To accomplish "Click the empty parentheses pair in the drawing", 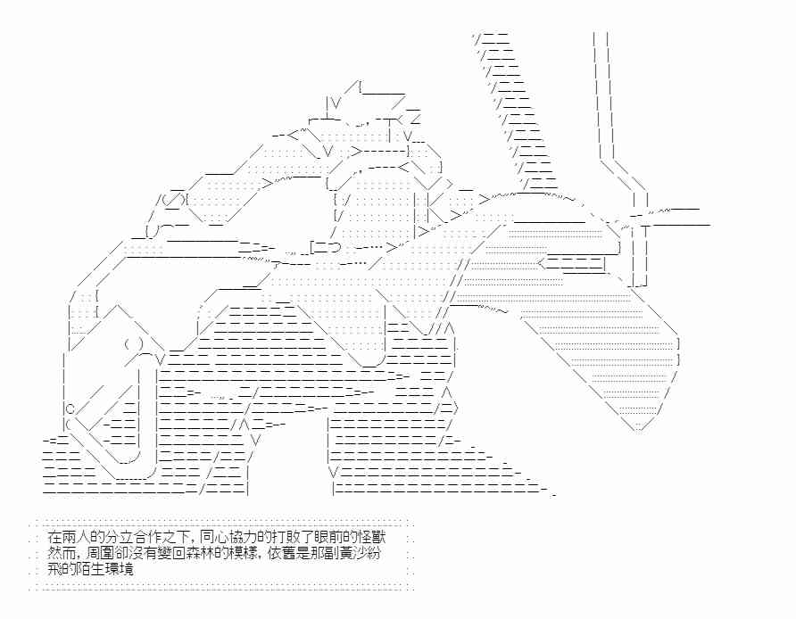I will coord(134,344).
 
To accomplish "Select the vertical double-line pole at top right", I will coord(601,89).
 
